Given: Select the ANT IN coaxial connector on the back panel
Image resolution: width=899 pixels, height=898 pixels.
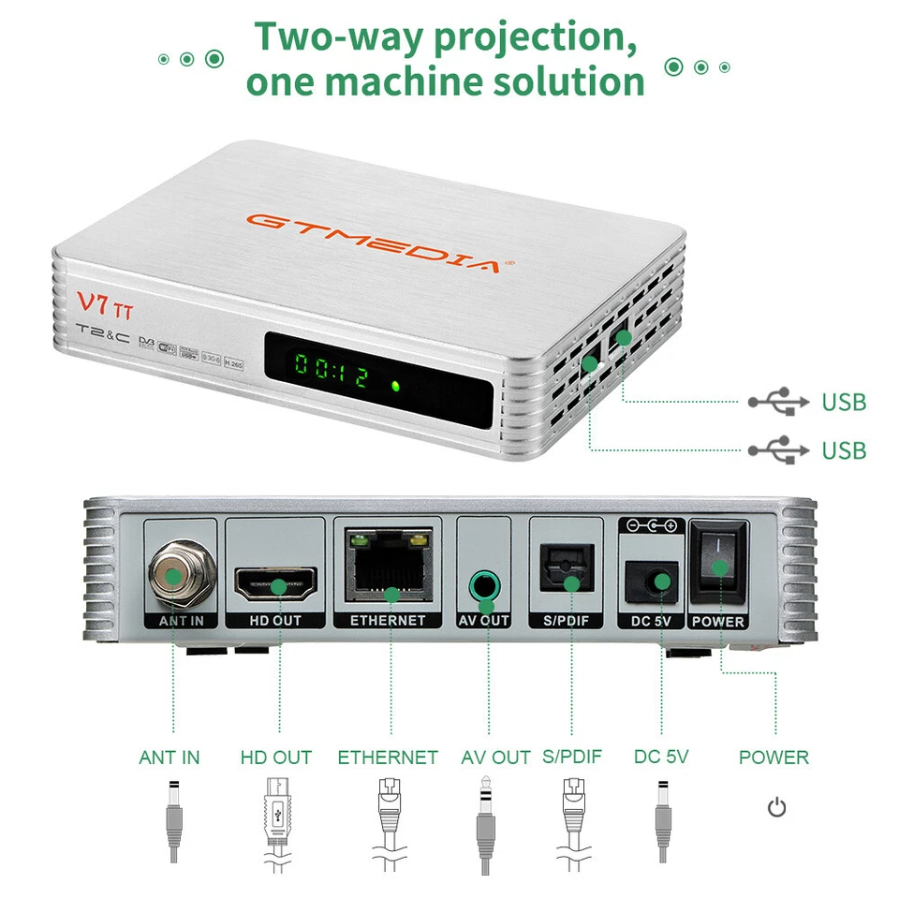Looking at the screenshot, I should pos(173,571).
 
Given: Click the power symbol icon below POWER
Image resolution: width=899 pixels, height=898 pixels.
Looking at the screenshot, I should pos(776,807).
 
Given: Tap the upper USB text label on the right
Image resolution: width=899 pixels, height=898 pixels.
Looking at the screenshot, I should pos(844,403).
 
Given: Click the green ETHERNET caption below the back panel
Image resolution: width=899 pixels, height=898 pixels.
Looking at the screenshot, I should pos(388,757).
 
